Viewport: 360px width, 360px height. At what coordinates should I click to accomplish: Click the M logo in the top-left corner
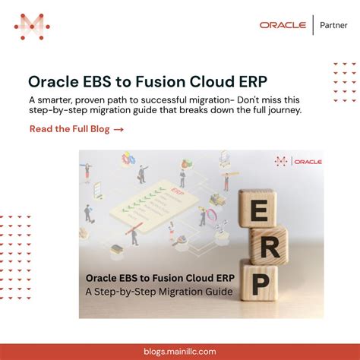32,27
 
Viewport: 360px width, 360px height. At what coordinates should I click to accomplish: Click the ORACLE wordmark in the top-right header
283,25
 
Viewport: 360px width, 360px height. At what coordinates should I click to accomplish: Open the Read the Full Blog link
71,129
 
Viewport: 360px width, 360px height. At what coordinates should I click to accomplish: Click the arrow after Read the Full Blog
118,129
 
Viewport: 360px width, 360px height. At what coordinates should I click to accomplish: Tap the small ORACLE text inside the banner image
308,161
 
